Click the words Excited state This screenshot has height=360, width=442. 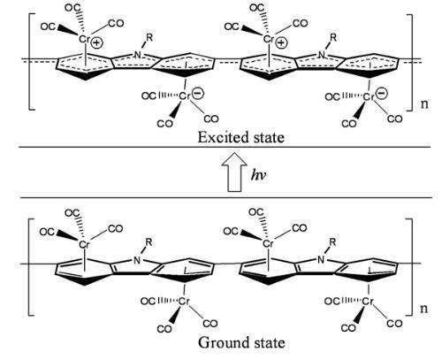coord(240,137)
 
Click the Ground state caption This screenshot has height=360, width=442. coord(241,343)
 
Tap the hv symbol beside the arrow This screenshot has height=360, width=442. coord(259,175)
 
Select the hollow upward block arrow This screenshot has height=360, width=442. coord(234,172)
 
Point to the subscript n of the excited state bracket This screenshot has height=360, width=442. coord(424,103)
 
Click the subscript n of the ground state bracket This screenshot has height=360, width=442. coord(423,309)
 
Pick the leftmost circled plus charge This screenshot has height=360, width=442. coord(97,43)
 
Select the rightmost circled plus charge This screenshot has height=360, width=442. coord(281,43)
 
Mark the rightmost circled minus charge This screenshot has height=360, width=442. coord(382,94)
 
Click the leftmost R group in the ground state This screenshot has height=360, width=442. coord(149,242)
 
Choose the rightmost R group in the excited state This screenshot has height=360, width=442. coord(333,37)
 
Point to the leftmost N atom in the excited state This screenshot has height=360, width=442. coord(137,55)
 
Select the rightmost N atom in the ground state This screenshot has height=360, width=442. coord(321,260)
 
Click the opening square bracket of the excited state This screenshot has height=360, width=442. coord(32,62)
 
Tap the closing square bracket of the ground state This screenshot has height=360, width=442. coord(409,267)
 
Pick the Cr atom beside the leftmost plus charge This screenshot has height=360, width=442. coord(84,39)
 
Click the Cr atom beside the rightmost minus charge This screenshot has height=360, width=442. coord(369,96)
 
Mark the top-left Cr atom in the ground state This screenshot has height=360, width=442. coord(84,244)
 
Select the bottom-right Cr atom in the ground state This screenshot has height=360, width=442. coord(368,302)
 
